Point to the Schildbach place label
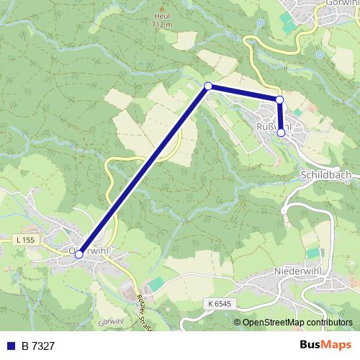pos(327,175)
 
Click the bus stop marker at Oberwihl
pos(79,253)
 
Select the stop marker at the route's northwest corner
pos(208,86)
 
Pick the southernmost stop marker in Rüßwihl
pos(281,132)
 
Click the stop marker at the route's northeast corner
pos(279,99)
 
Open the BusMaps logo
pos(325,346)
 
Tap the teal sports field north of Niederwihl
pos(312,253)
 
